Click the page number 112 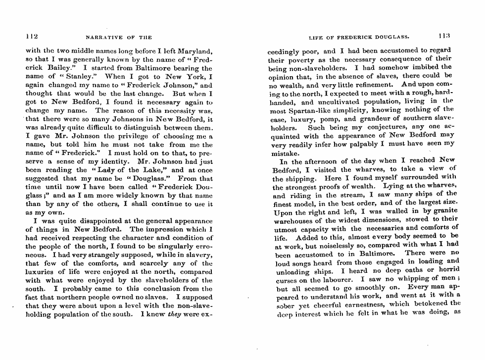(32, 36)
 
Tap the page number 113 (444, 36)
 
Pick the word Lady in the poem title (100, 172)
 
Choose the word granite (444, 211)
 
